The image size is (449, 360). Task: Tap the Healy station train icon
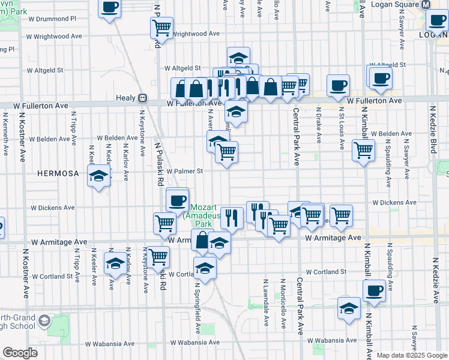coord(143,98)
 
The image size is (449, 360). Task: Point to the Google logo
coord(20,353)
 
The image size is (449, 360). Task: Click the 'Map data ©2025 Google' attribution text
coord(412,355)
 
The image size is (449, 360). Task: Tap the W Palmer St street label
coord(185,171)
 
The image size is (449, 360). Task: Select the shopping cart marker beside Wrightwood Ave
coord(161,27)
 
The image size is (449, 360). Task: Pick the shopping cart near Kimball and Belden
coord(363,149)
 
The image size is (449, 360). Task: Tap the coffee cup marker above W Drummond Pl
coord(109,7)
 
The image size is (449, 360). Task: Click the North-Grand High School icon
coord(44,322)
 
